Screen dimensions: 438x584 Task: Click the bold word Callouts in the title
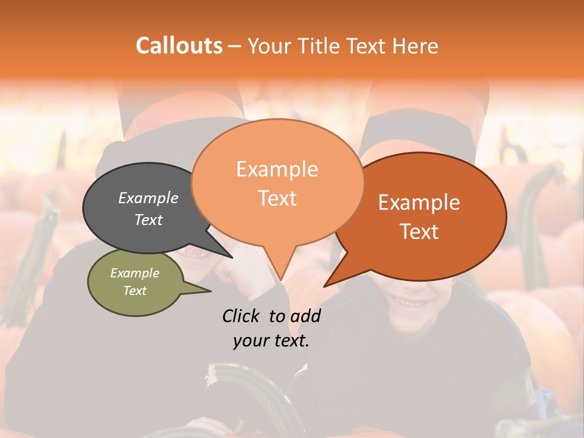(179, 46)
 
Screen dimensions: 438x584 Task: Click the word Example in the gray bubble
(148, 198)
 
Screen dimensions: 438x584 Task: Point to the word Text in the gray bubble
(148, 220)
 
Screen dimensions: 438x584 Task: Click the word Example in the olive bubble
(135, 273)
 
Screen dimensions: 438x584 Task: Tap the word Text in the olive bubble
(135, 291)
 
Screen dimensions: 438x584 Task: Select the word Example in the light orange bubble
(277, 169)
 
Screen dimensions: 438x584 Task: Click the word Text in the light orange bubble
(277, 198)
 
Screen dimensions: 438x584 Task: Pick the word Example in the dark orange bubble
(419, 203)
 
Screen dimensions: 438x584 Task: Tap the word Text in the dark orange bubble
(419, 232)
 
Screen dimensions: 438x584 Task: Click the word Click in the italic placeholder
(243, 316)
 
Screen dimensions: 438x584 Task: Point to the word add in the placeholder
(305, 316)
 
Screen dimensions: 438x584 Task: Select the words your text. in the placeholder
(271, 341)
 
